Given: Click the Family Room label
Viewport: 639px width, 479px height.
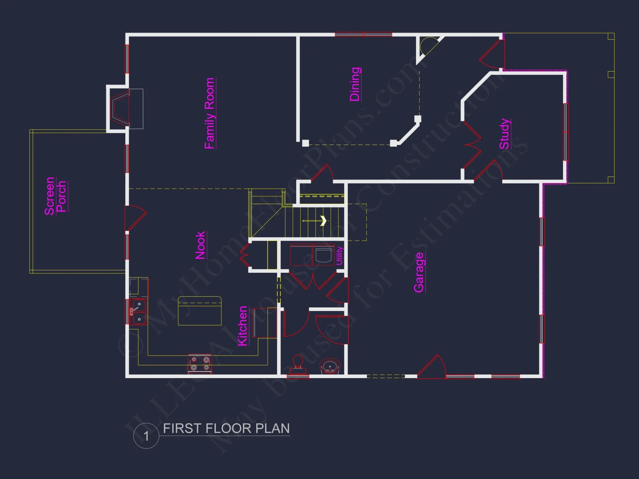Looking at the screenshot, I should pyautogui.click(x=210, y=113).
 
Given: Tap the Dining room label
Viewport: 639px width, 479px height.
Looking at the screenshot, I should pyautogui.click(x=355, y=84).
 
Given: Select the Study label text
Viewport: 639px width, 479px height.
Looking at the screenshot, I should pyautogui.click(x=504, y=133).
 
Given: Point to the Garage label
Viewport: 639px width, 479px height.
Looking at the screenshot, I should pyautogui.click(x=419, y=272).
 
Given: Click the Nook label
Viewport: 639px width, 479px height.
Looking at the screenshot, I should pyautogui.click(x=200, y=245).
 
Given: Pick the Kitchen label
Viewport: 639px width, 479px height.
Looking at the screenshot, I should pyautogui.click(x=243, y=326).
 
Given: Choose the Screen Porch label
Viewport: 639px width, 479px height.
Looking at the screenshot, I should pyautogui.click(x=55, y=196).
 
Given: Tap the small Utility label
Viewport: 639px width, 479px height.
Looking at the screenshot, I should pyautogui.click(x=339, y=255).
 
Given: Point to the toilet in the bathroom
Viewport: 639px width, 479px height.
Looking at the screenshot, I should pyautogui.click(x=298, y=364).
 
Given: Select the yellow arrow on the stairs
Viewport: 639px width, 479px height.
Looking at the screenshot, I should pyautogui.click(x=323, y=221).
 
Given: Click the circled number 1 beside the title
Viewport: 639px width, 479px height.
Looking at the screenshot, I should pyautogui.click(x=146, y=436).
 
